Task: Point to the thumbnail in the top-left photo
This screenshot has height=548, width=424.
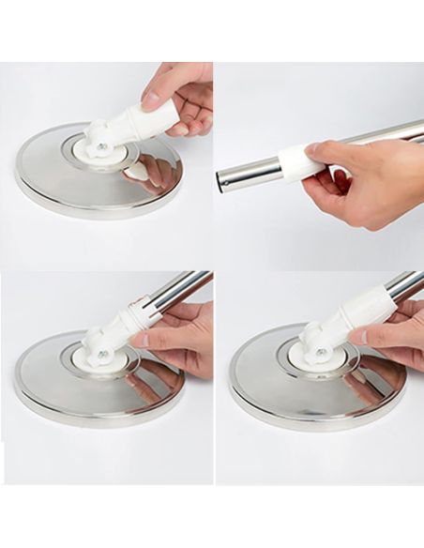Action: pyautogui.click(x=151, y=97)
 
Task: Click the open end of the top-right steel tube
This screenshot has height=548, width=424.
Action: pyautogui.click(x=223, y=178)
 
